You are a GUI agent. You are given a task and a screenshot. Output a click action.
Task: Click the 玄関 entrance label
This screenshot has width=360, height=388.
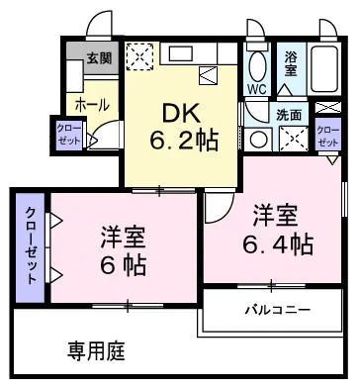pyautogui.click(x=99, y=57)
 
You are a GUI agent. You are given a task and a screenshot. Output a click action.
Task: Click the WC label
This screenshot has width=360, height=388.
pyautogui.click(x=256, y=89)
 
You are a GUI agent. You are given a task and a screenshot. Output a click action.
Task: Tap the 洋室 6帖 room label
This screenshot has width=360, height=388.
pyautogui.click(x=124, y=252)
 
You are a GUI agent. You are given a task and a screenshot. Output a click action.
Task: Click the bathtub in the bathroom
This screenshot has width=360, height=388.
pyautogui.click(x=325, y=70)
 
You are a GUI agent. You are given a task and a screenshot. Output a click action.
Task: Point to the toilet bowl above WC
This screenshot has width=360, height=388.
pyautogui.click(x=256, y=65)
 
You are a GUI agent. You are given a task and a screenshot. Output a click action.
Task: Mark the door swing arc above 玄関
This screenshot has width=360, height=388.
pyautogui.click(x=97, y=28)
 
